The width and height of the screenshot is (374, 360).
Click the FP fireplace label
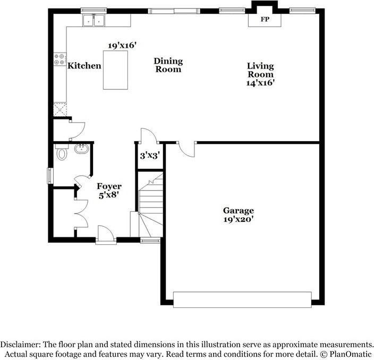click(264, 19)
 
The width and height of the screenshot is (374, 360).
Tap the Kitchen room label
click(84, 66)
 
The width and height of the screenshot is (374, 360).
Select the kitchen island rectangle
click(115, 71)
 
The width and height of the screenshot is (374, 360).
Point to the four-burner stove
click(59, 59)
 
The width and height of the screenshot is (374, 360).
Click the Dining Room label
click(168, 65)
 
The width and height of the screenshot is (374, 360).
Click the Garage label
click(238, 210)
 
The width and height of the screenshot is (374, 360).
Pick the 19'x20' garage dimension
click(238, 219)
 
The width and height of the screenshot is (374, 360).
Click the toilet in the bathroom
click(61, 154)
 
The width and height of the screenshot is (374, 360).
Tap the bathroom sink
click(81, 149)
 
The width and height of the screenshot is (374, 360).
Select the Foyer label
click(109, 186)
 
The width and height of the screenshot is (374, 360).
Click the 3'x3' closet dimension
click(150, 156)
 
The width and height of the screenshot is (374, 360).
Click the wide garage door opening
click(242, 299)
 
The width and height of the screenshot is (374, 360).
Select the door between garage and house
click(186, 149)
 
